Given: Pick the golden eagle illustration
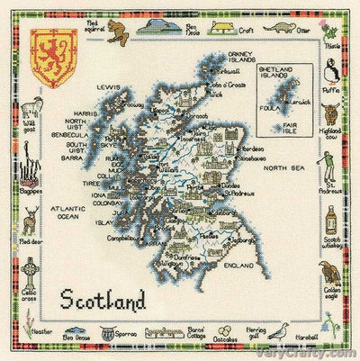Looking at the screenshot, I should click(329, 272).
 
